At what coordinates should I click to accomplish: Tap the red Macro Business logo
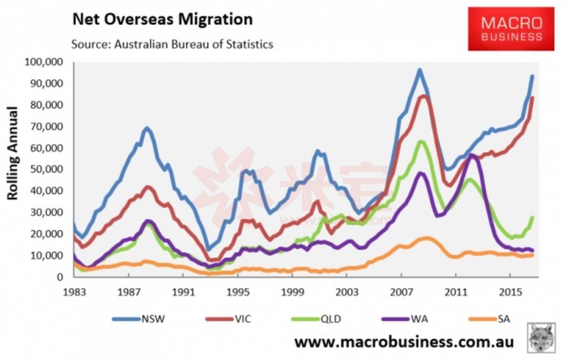point(511,29)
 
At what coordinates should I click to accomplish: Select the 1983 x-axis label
point(74,292)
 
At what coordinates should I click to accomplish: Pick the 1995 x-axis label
point(238,292)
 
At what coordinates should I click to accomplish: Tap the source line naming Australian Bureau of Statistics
point(171,44)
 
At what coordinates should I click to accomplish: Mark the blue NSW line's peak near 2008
point(420,70)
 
